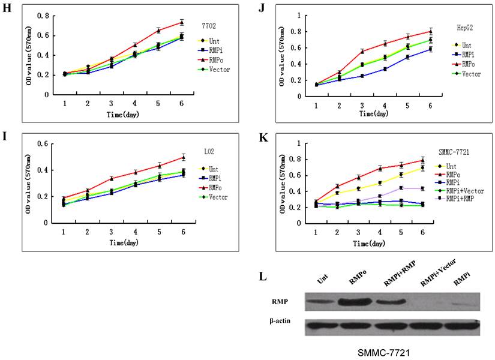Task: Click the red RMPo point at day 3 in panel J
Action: click(x=362, y=52)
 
